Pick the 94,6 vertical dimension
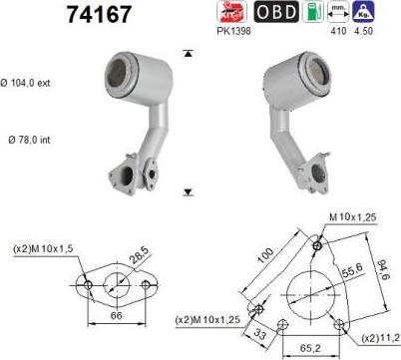point(382,269)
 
